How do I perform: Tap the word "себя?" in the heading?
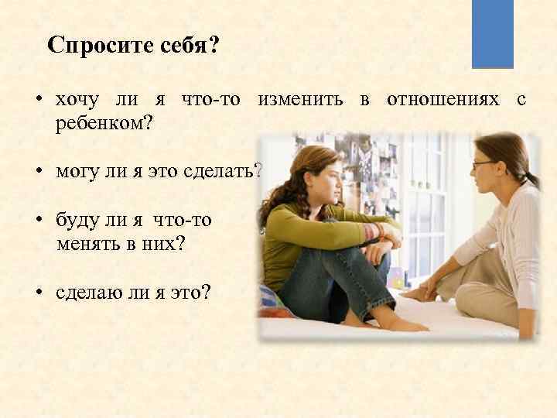pyautogui.click(x=186, y=45)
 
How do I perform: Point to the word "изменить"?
pyautogui.click(x=302, y=101)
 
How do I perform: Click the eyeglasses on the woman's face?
pyautogui.click(x=482, y=165)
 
